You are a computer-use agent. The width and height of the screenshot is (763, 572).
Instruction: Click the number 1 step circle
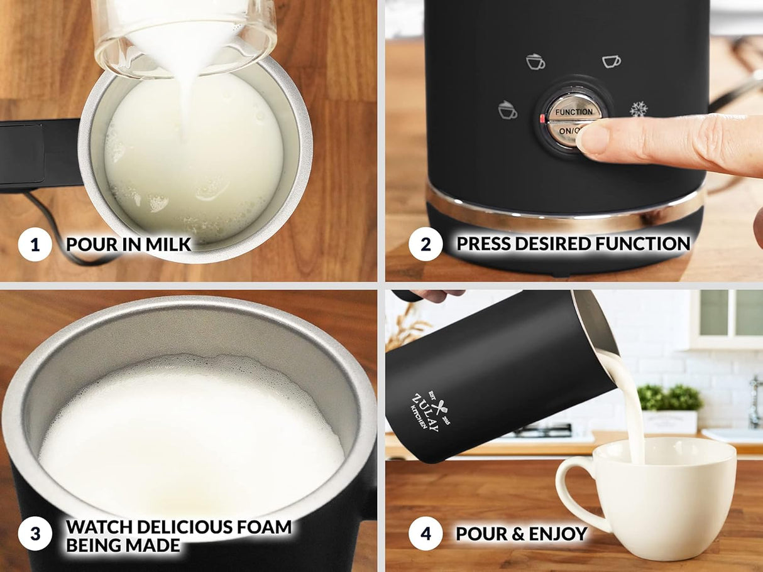(35, 244)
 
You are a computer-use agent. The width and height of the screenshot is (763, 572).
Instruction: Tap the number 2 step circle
(425, 244)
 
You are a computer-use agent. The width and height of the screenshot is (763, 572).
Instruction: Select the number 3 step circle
(35, 534)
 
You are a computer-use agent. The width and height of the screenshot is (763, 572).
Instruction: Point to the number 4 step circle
(425, 534)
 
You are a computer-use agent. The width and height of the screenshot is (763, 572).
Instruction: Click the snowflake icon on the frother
(639, 109)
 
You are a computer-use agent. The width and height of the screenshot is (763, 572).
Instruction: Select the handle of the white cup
(573, 491)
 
